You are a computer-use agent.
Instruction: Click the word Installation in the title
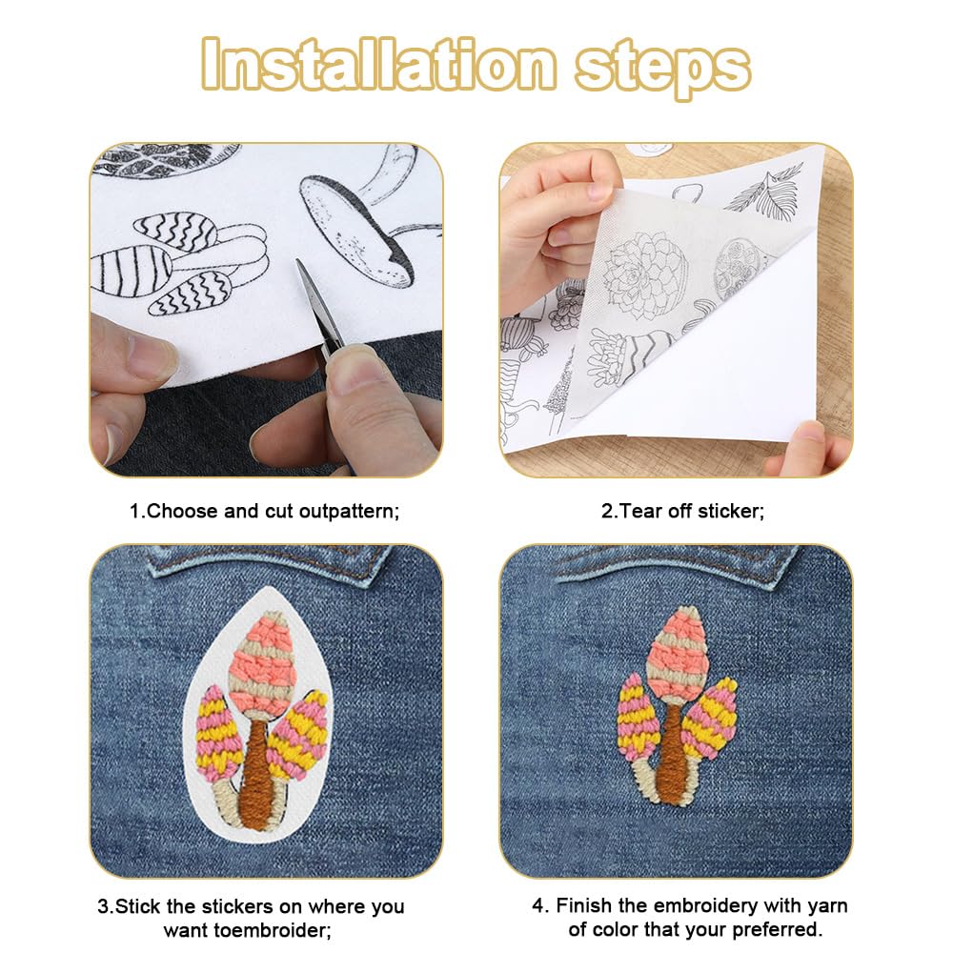click(x=378, y=64)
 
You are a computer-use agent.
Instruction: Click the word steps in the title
click(x=663, y=69)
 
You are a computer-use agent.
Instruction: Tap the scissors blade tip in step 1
click(x=297, y=261)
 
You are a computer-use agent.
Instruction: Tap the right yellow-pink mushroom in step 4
click(x=708, y=718)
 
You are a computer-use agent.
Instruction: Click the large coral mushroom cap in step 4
click(x=679, y=654)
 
